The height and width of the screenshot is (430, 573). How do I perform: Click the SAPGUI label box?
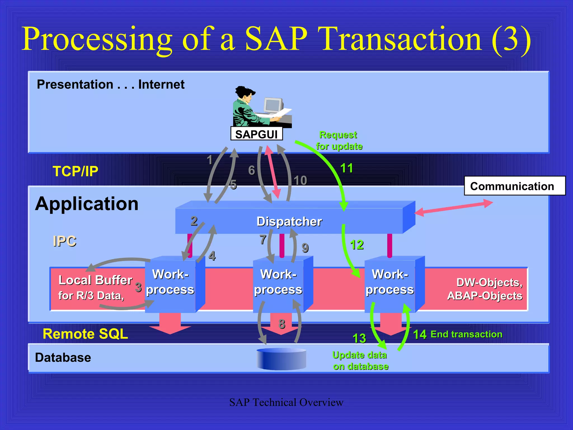click(x=256, y=134)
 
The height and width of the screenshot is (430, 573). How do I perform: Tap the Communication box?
click(x=514, y=186)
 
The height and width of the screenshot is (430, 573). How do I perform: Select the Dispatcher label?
click(x=289, y=221)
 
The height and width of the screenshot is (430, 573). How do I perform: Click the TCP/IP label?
click(x=76, y=171)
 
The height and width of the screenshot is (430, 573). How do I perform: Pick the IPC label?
click(x=64, y=241)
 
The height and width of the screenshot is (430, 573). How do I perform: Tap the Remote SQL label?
click(x=85, y=334)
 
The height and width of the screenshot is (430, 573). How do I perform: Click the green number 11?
click(x=346, y=168)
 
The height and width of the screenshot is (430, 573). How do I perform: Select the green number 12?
click(x=357, y=245)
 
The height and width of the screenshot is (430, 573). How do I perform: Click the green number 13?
click(x=359, y=338)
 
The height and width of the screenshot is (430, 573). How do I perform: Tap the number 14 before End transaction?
click(x=420, y=334)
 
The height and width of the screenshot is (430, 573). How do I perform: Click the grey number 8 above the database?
click(x=282, y=324)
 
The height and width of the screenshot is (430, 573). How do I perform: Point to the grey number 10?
click(x=300, y=180)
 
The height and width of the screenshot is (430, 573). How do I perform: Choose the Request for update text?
click(x=339, y=141)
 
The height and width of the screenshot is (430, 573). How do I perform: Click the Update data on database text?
click(x=360, y=361)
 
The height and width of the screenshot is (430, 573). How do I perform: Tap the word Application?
click(x=87, y=204)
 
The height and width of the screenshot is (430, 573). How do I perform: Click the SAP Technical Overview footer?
click(x=286, y=402)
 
